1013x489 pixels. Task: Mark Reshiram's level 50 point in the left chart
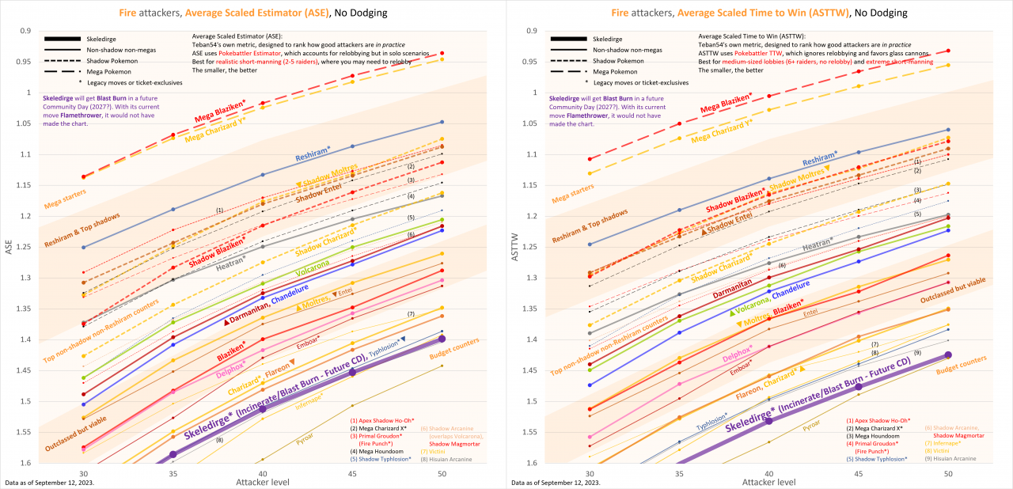click(x=442, y=122)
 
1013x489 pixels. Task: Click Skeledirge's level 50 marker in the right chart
click(x=948, y=354)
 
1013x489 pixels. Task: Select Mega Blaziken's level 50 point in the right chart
click(x=948, y=51)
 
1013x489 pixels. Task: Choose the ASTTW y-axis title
click(x=514, y=247)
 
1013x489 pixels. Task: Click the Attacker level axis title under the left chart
click(x=262, y=481)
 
